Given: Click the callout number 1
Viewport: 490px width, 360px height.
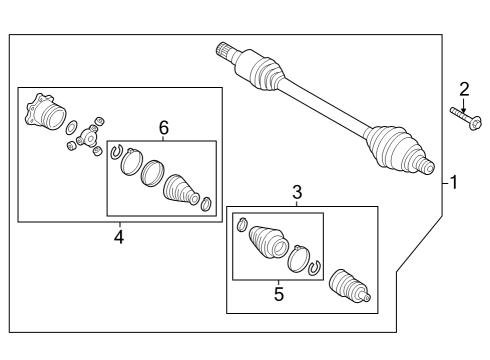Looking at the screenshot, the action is coord(454,183).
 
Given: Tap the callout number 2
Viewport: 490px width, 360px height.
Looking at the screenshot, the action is coord(464,89).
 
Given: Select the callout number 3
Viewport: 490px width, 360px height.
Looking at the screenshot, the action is coord(297,192).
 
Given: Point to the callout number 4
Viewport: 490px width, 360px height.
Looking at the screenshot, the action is coord(119,237).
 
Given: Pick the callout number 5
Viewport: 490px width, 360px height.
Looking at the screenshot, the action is coord(279,294).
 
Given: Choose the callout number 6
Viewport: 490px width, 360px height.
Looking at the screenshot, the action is coord(164,128).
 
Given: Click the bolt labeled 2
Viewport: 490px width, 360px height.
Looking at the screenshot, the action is coord(466,119).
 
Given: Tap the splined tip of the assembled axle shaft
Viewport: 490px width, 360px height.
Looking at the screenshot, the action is coord(224,51).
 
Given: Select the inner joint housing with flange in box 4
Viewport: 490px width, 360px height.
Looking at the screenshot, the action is coord(45,111).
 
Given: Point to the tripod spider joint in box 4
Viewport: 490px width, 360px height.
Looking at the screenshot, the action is coord(88,137).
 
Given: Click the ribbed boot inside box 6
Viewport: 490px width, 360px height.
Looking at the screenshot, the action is coord(181,189).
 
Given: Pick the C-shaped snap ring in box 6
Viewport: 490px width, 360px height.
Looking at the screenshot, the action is coord(116,152).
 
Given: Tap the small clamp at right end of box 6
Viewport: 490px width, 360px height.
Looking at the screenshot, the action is coord(207,204).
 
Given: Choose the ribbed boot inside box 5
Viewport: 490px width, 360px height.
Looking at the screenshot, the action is coord(268,242).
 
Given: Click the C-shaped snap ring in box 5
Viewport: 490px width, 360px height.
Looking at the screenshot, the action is coord(314,267).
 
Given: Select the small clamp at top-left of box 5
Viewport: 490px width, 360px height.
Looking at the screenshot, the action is coord(242,224).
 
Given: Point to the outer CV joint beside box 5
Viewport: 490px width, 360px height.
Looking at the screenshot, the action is coord(349,286).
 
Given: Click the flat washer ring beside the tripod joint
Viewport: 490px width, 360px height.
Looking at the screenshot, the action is coord(72,127).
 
